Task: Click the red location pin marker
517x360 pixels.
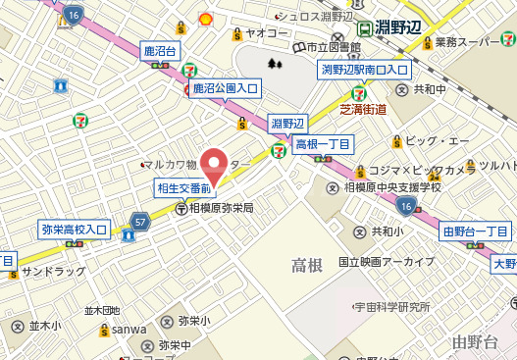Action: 214,165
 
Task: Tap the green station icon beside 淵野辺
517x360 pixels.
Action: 366,28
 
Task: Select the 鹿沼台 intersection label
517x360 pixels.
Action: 159,51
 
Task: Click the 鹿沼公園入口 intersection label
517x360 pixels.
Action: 225,89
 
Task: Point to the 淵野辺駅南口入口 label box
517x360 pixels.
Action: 365,70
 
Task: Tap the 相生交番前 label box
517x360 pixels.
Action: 184,187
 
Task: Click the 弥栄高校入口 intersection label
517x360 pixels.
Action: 74,230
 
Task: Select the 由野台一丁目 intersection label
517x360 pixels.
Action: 475,231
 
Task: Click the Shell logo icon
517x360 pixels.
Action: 206,18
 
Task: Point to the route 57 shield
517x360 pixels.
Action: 141,223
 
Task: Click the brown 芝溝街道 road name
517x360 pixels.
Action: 363,109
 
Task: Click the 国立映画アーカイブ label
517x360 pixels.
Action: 387,262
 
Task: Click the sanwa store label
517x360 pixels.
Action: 129,329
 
